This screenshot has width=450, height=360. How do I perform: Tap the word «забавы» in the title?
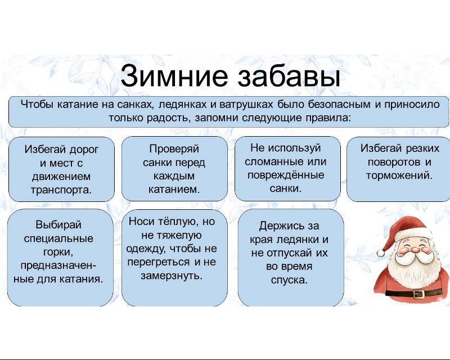[289, 75]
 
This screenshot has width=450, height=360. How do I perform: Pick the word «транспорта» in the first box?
[61, 190]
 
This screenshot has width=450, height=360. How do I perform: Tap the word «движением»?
[61, 176]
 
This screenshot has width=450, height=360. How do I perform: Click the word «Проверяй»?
[174, 148]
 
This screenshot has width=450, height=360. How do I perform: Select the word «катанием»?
[174, 190]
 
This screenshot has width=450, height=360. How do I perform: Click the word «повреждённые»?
[286, 175]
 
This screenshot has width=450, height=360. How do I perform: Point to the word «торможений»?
[399, 175]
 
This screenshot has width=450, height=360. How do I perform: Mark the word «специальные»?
[58, 238]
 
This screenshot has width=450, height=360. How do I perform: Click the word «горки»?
[59, 253]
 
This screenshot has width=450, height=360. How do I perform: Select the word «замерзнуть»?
[172, 276]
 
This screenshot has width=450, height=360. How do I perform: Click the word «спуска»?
[289, 280]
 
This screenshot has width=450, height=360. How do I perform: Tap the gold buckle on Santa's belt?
[419, 294]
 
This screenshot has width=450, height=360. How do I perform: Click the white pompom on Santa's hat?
[381, 253]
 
